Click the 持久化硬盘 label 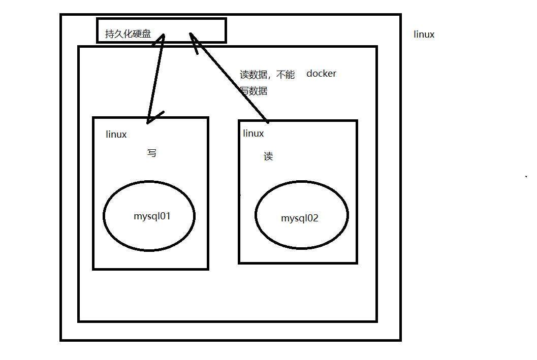[x=128, y=35]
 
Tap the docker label [x=321, y=74]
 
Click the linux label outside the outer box [x=424, y=35]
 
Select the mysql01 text [x=152, y=216]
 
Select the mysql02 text [x=300, y=218]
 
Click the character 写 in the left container [x=151, y=153]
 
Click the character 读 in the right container [x=268, y=156]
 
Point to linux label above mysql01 [x=116, y=135]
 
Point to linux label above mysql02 [x=254, y=134]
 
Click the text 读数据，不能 [x=267, y=75]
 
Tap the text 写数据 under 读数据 [x=254, y=91]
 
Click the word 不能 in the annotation [x=286, y=75]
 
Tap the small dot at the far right [x=526, y=177]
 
